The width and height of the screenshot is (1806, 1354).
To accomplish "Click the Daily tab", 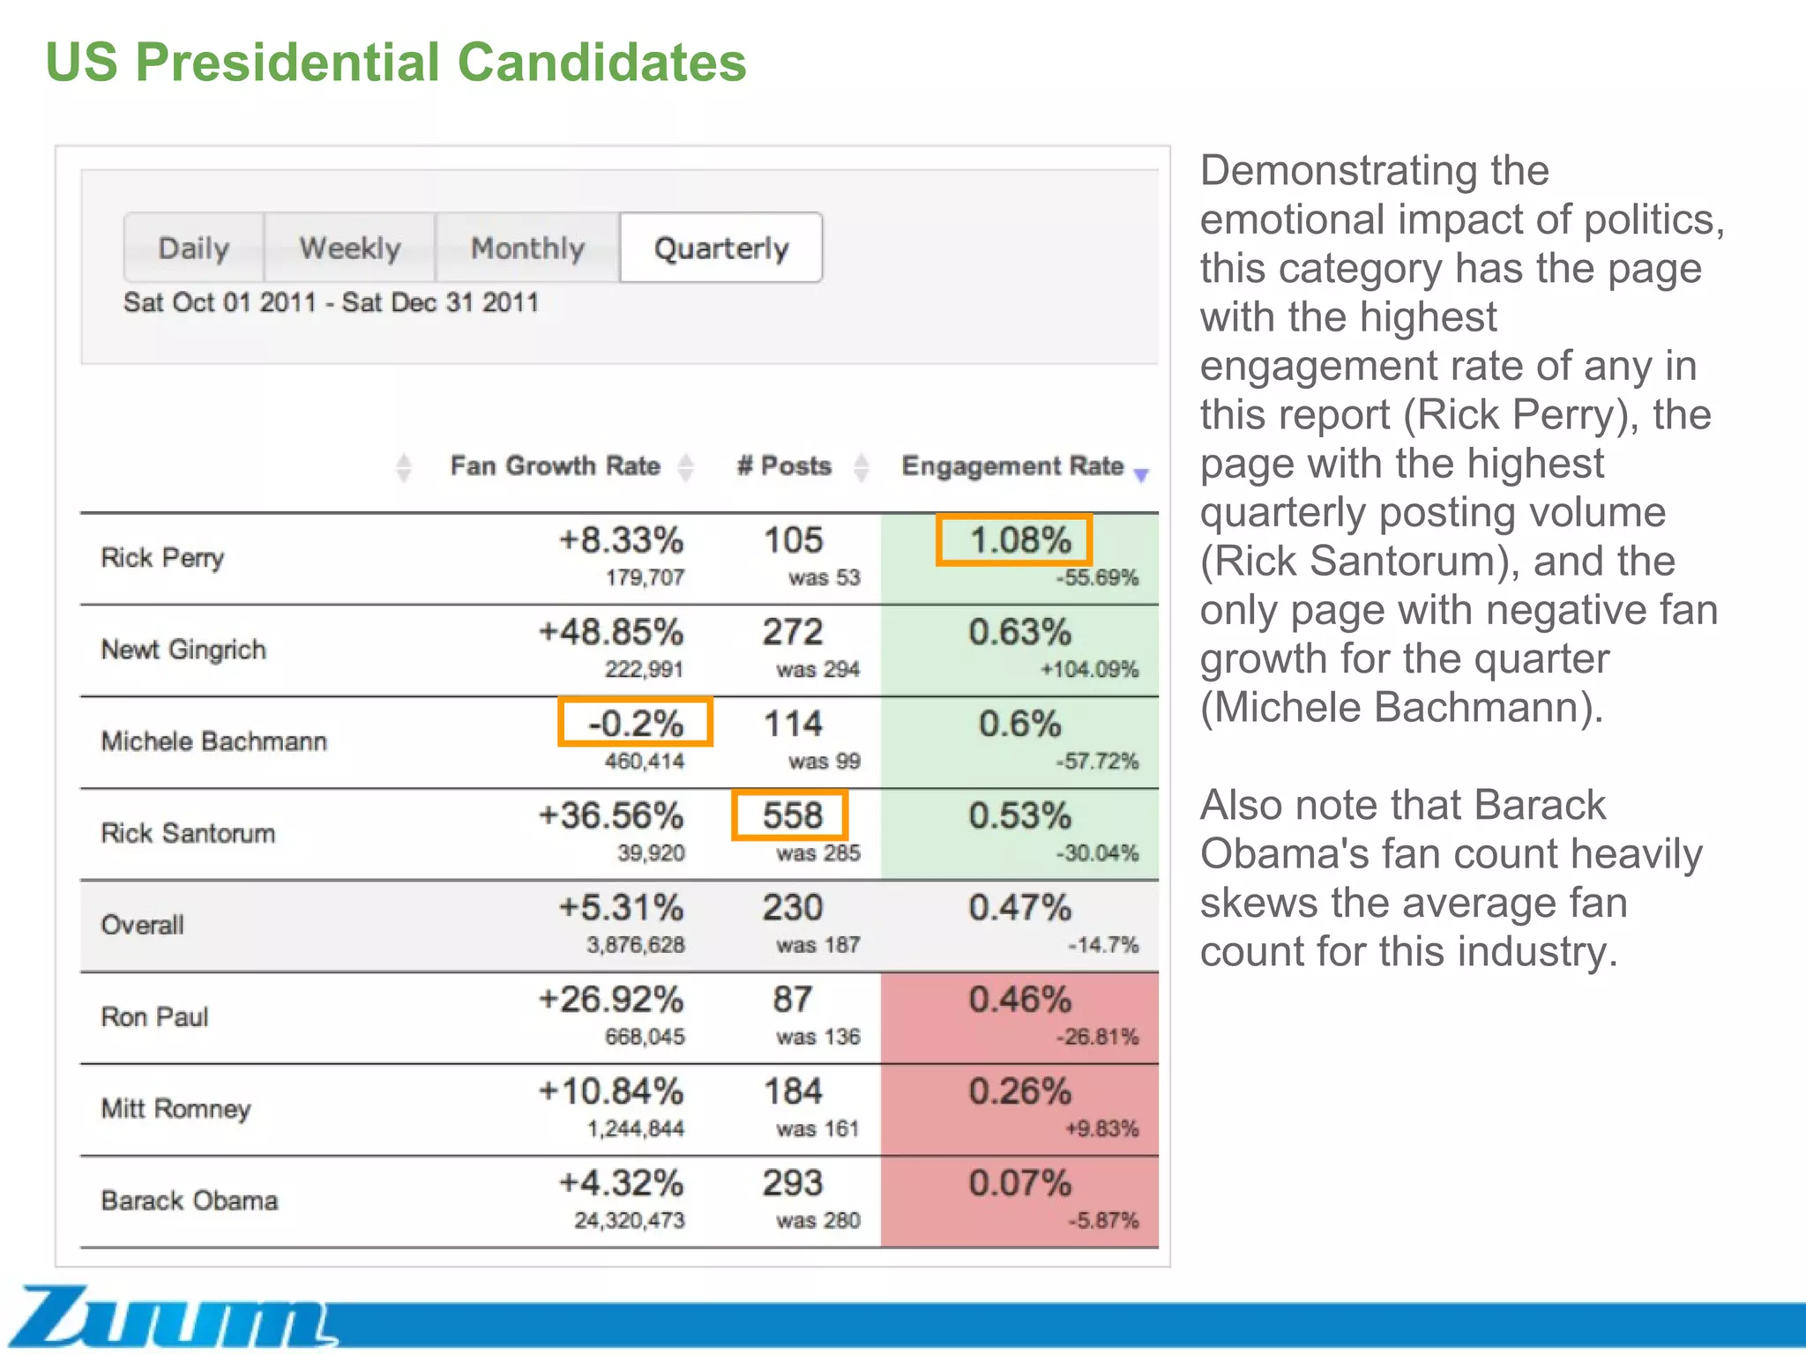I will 193,248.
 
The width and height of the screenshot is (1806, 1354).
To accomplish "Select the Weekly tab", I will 349,248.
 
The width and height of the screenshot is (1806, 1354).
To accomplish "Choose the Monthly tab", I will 527,248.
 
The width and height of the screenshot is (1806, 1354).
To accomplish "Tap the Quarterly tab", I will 721,248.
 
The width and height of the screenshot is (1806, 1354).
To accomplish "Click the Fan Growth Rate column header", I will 555,465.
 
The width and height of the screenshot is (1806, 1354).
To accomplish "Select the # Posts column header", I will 784,465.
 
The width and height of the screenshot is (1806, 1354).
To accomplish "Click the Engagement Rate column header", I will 1011,465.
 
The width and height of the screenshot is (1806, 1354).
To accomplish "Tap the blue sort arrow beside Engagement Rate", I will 1141,475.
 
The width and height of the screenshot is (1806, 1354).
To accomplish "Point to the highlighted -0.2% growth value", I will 635,723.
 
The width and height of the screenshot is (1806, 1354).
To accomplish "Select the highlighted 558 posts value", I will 790,815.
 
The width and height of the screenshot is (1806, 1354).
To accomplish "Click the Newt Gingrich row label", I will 183,650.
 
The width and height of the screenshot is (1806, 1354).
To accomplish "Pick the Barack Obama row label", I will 190,1201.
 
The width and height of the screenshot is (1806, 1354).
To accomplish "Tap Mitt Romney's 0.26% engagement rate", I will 1019,1091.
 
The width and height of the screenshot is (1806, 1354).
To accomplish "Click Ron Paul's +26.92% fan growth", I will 611,1000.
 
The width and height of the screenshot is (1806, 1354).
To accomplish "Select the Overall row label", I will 143,925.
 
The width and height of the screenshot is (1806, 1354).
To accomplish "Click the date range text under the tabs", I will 331,302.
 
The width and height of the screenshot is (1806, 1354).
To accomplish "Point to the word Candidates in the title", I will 601,63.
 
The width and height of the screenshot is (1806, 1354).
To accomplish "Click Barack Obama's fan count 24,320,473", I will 629,1220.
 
